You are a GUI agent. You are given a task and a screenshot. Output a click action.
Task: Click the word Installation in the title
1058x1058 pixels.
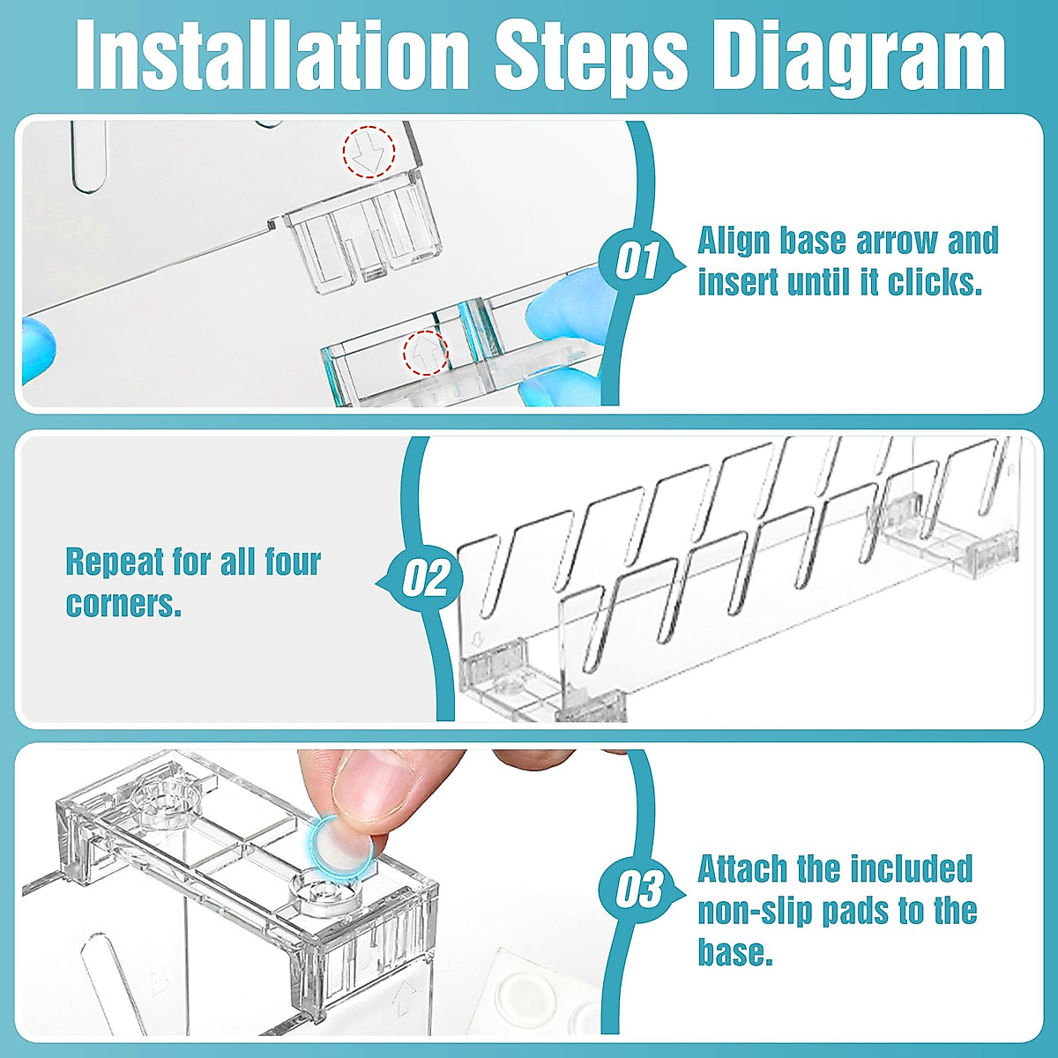click(272, 56)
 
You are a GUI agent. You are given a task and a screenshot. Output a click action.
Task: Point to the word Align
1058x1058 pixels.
click(734, 242)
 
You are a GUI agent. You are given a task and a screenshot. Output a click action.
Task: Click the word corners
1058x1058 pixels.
click(123, 604)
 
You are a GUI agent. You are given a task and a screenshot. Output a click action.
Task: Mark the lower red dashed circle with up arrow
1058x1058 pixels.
click(426, 353)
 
